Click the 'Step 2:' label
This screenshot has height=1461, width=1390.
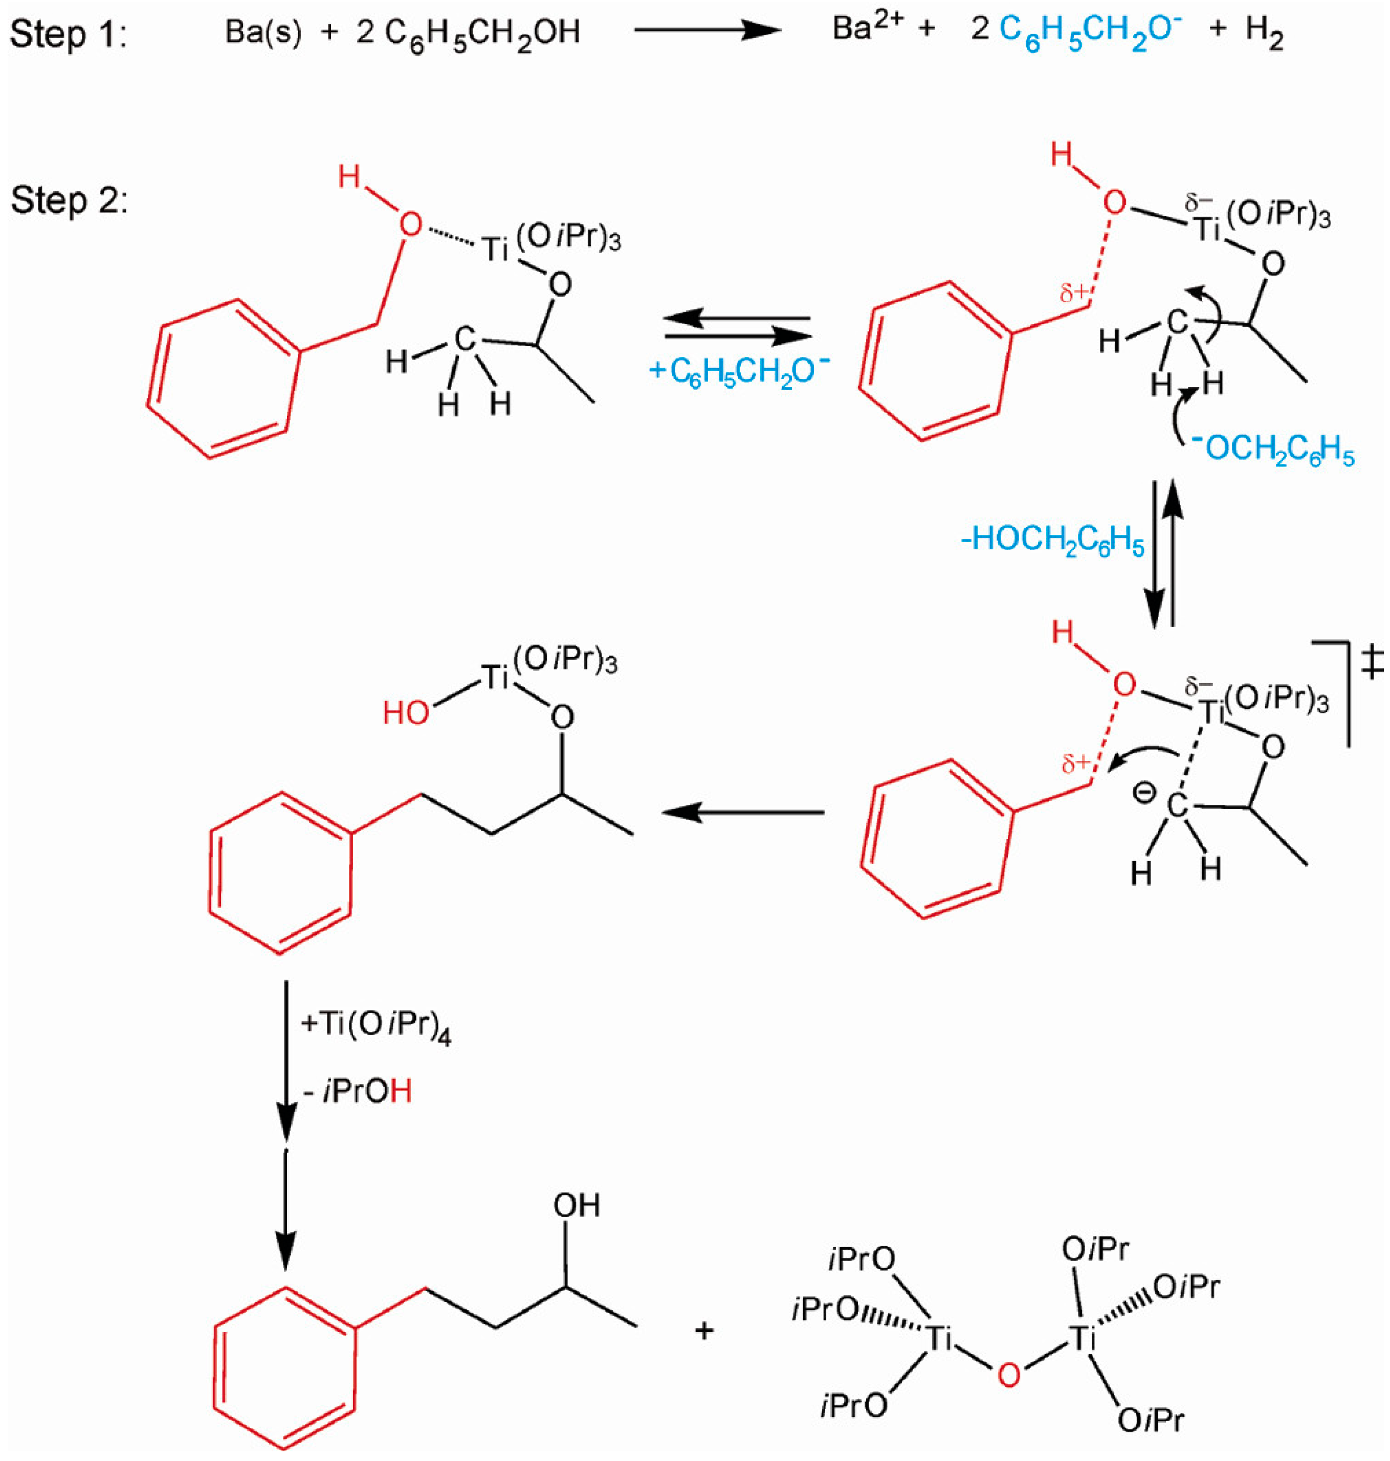coord(68,200)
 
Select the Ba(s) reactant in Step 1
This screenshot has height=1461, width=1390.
coord(263,33)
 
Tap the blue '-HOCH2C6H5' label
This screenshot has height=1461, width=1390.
coord(1052,541)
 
